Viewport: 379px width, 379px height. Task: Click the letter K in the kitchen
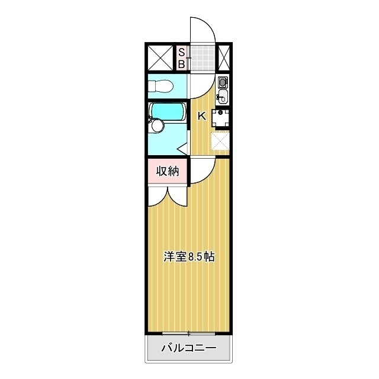[201, 116]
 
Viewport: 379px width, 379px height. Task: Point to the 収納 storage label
[168, 171]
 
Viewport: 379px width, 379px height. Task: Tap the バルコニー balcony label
[189, 348]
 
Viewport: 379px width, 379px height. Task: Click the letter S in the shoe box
[182, 52]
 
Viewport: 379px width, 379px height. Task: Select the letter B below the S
[182, 63]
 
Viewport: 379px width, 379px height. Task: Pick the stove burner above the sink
[223, 82]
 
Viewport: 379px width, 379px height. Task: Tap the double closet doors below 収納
[168, 195]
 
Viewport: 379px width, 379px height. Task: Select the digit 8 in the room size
[191, 257]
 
